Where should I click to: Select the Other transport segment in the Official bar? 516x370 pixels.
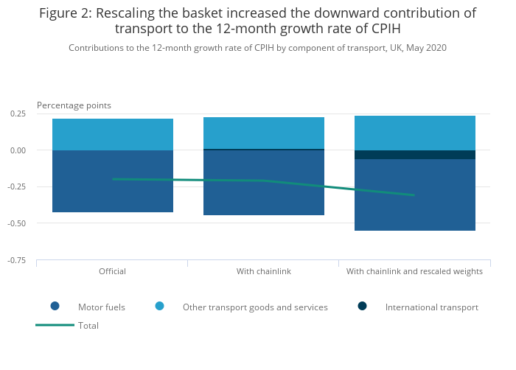[113, 134]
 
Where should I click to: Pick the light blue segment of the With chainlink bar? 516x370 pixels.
[264, 133]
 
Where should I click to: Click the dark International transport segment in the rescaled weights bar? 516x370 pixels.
[415, 155]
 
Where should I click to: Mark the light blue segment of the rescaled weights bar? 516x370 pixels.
[415, 133]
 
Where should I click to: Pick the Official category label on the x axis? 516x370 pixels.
[113, 271]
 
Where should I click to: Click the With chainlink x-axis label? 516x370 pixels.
[264, 271]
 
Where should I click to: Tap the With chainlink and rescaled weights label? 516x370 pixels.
[414, 271]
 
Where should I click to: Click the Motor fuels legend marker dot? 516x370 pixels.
[55, 307]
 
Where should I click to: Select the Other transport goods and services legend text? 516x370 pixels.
[255, 307]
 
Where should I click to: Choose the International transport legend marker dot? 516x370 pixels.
[362, 307]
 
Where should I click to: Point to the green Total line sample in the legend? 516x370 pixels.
[55, 325]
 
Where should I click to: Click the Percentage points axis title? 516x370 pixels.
[74, 105]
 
